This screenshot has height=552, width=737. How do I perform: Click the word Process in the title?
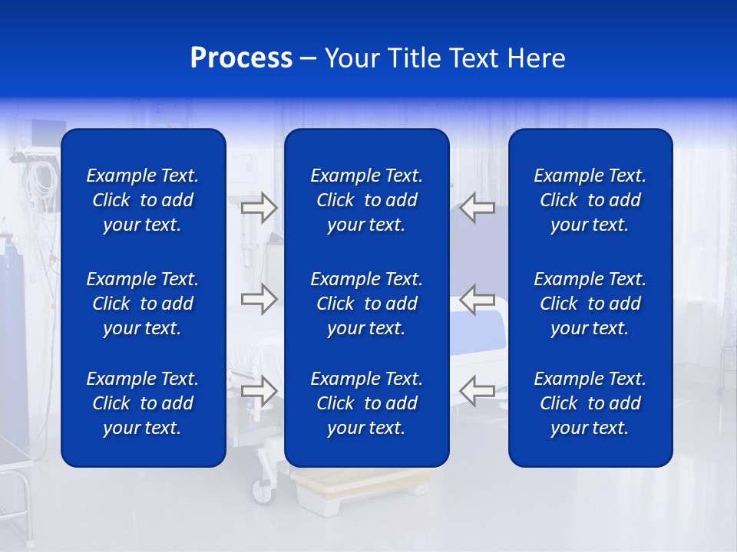[241, 58]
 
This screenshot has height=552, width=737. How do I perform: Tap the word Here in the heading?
[537, 58]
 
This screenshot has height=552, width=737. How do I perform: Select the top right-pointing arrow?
[259, 208]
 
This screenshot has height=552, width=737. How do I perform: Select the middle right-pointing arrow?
[259, 298]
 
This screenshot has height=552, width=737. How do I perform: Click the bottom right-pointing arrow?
[259, 391]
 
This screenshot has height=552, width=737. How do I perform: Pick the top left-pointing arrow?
[478, 208]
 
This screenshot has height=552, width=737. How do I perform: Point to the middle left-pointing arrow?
[478, 298]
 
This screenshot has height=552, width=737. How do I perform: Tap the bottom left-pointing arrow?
[478, 391]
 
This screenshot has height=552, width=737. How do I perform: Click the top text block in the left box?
[143, 200]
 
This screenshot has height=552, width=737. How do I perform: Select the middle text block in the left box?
[143, 304]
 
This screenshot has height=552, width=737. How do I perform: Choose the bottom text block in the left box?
[143, 403]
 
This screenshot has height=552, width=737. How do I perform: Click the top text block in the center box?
[366, 200]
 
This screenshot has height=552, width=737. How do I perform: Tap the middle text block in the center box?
[366, 304]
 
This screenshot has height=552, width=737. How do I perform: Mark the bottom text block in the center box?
[366, 403]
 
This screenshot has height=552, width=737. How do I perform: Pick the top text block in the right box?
[590, 200]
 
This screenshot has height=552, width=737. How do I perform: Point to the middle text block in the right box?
[590, 304]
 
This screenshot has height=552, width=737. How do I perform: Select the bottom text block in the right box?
[590, 403]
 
